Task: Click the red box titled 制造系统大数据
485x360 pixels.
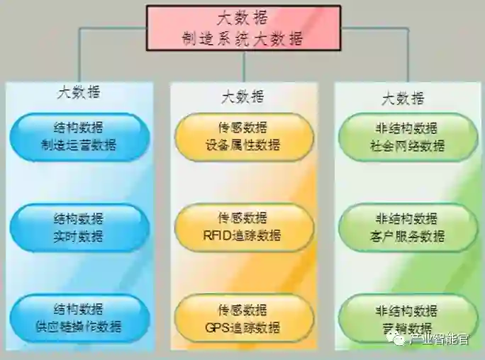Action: pos(243,28)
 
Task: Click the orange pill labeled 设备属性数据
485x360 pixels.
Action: pos(243,137)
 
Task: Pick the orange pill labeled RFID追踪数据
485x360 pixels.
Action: pos(243,227)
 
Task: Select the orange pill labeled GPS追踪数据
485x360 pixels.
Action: pos(243,318)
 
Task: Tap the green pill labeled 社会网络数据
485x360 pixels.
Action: pos(407,137)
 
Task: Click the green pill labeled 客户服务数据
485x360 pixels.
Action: pos(407,227)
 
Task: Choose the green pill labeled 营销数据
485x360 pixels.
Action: pos(407,318)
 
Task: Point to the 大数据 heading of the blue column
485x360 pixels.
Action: pos(79,92)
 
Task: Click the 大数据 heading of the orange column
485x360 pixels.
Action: pos(243,96)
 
